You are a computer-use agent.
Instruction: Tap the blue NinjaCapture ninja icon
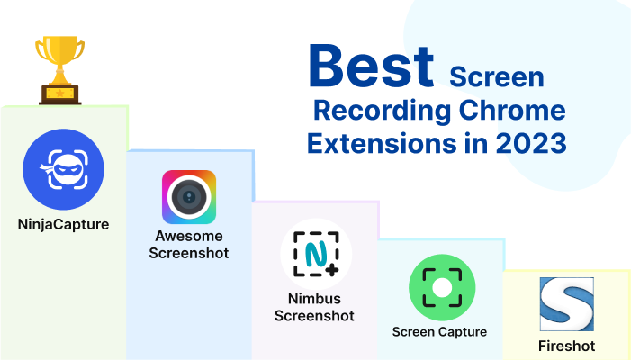click(63, 169)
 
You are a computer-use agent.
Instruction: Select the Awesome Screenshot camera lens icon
click(189, 197)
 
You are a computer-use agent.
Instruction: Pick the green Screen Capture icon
click(440, 286)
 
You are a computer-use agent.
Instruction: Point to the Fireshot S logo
click(566, 303)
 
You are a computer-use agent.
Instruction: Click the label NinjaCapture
click(63, 224)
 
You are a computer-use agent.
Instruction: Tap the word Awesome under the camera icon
click(189, 237)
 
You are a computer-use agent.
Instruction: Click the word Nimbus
click(314, 299)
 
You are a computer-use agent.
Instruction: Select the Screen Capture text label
click(439, 331)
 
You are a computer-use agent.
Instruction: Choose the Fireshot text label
click(566, 346)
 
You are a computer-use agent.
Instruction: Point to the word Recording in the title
click(373, 112)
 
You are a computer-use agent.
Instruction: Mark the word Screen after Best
click(497, 77)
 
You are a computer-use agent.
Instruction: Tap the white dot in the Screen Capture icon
click(440, 286)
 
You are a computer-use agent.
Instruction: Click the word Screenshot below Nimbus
click(314, 315)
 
